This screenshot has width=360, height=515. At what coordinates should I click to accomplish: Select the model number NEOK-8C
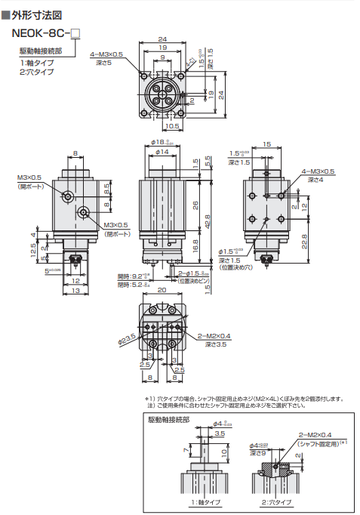tap(44, 33)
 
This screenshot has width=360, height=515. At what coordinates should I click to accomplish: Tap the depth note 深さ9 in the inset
tap(260, 452)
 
